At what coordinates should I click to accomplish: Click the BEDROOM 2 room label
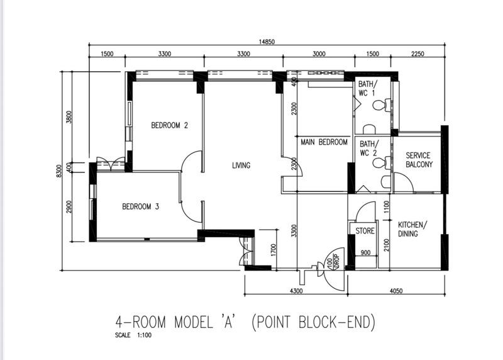(169, 125)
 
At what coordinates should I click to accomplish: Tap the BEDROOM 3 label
(140, 206)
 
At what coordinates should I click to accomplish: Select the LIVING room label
(241, 166)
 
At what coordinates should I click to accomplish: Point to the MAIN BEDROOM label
(324, 142)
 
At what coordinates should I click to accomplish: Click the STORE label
(365, 231)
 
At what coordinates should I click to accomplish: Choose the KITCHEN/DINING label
(412, 229)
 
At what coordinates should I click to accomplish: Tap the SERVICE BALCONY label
(419, 160)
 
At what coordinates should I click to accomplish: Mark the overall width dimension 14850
(267, 42)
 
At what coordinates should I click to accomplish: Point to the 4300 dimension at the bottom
(296, 291)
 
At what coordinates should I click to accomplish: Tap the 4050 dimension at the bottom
(396, 291)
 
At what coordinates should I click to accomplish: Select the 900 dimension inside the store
(365, 253)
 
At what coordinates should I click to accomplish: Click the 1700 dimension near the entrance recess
(274, 250)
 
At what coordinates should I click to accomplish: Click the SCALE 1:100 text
(133, 335)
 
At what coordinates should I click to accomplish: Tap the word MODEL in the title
(194, 322)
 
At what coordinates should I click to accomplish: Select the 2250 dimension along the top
(417, 53)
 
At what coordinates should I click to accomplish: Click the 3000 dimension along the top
(319, 53)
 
